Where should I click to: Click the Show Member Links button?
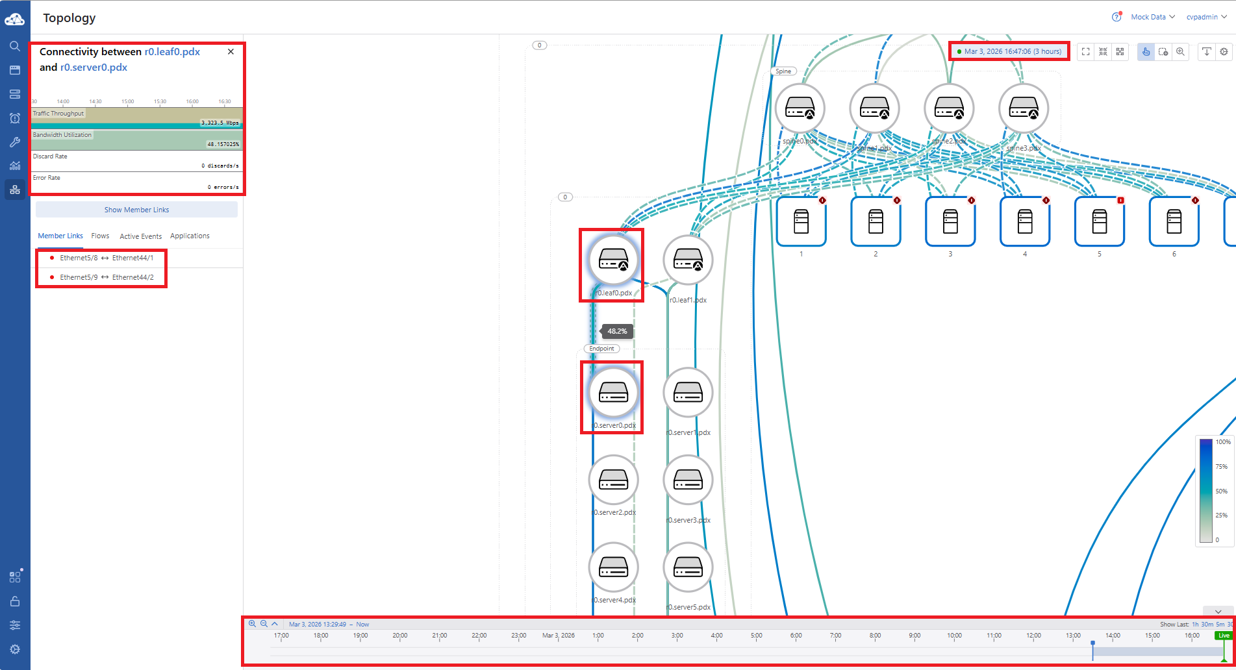136,210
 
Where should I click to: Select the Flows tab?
100,236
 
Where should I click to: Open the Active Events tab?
140,236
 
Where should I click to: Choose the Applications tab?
190,236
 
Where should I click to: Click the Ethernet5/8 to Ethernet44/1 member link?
107,258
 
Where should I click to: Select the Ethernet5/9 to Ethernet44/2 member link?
107,277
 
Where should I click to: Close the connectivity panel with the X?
231,52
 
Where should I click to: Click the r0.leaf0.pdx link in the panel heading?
172,52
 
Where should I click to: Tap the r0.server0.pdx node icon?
613,392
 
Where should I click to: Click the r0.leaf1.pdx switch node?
688,260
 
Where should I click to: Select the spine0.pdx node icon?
800,108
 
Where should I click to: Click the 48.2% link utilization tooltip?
617,331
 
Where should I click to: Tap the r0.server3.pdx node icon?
688,480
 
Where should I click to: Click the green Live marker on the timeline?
1224,636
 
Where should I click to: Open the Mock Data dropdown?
1152,17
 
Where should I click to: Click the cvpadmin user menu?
1206,17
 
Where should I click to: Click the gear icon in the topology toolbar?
1224,52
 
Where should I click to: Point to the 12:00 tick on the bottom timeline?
1033,636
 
